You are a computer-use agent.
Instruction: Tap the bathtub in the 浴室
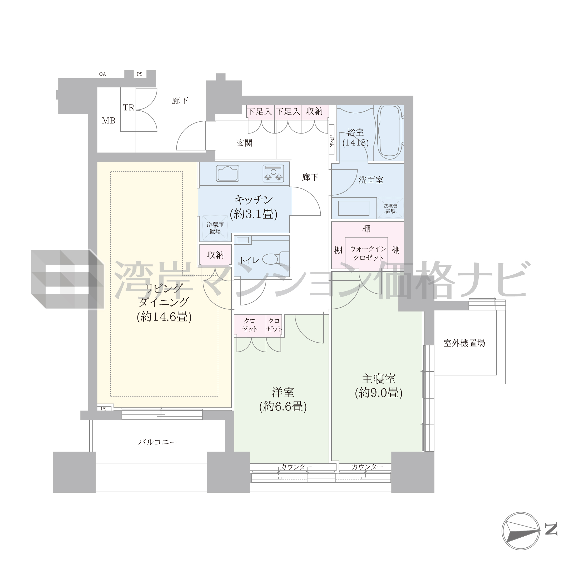coord(390,132)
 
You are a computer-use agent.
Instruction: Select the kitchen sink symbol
coord(227,174)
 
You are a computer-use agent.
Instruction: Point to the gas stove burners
coord(273,174)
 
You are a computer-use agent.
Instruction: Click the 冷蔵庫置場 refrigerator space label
coord(215,228)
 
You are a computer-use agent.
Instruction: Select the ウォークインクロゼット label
coord(368,253)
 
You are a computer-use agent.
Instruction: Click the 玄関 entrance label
coord(244,143)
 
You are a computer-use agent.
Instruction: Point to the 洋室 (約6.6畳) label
coord(283,400)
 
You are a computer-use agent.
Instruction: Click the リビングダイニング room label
coord(164,303)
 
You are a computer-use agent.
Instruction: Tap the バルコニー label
coord(158,442)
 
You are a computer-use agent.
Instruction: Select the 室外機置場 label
coord(464,343)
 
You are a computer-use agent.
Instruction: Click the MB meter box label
coord(108,121)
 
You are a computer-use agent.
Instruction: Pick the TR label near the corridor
coord(128,108)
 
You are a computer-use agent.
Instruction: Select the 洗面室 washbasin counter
coord(354,208)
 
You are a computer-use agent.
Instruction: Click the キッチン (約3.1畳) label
coord(253,207)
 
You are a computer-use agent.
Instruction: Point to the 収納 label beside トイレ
coord(215,255)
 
